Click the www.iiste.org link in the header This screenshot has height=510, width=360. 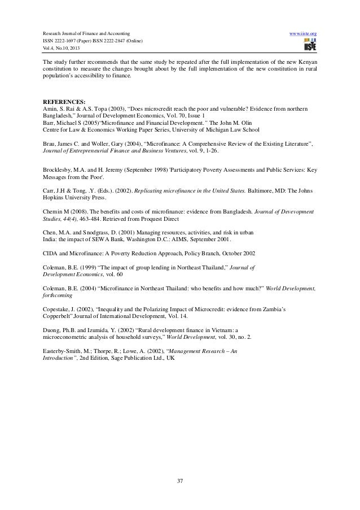pos(302,34)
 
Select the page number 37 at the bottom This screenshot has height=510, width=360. pos(180,481)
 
